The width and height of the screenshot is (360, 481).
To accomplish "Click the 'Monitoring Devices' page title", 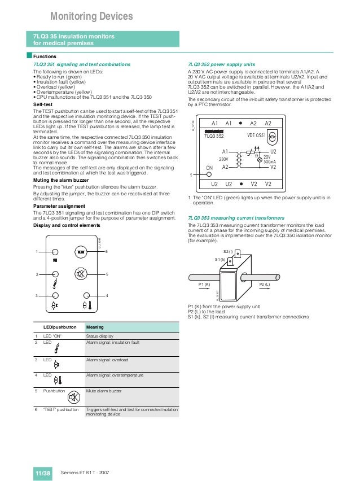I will click(x=91, y=16).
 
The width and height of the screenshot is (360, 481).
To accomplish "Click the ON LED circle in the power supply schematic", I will click(x=209, y=175).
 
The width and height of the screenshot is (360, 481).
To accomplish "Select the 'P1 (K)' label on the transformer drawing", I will click(x=204, y=285).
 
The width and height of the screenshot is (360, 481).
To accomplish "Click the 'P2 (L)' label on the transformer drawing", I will click(x=264, y=285).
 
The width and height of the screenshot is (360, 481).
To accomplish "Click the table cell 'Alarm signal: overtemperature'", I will click(x=115, y=375).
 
